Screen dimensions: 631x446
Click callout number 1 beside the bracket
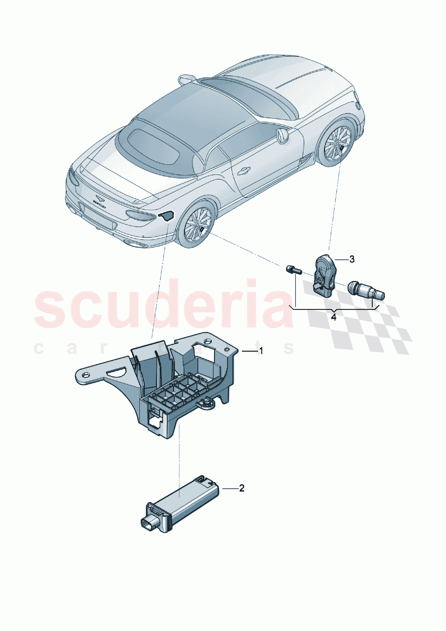click(260, 351)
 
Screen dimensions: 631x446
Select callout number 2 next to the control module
click(241, 488)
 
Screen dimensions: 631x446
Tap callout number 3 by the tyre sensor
click(352, 259)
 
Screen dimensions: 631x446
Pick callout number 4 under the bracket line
click(333, 317)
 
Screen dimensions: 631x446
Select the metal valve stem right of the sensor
click(366, 290)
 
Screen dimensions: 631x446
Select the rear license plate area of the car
click(97, 217)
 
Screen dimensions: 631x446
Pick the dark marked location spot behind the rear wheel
click(165, 215)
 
